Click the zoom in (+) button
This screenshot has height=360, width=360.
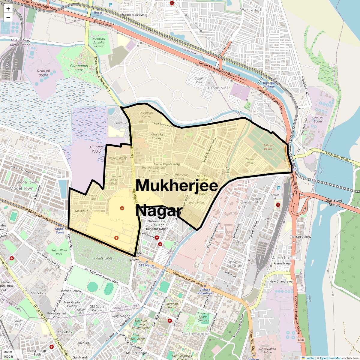[x=8, y=9]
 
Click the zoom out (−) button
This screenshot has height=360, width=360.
[x=8, y=18]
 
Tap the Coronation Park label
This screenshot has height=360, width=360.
[x=79, y=68]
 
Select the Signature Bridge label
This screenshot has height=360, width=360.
[x=334, y=202]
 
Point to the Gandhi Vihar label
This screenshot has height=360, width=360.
[x=219, y=88]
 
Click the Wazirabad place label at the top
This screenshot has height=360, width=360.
[x=250, y=10]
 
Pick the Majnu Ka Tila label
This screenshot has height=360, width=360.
[x=283, y=258]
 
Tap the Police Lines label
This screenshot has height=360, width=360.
[x=103, y=258]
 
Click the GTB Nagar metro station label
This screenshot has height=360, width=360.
[x=146, y=265]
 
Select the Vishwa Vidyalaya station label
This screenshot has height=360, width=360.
[x=205, y=291]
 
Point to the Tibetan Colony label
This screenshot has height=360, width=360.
[x=301, y=237]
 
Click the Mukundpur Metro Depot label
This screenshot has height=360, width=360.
[x=20, y=43]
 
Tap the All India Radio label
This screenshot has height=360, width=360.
[x=96, y=149]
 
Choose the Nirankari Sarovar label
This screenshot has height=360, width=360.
[x=99, y=43]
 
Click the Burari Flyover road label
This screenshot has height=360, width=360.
[x=103, y=24]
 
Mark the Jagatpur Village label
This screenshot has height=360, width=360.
[x=269, y=85]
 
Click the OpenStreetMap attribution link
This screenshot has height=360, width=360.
[x=331, y=358]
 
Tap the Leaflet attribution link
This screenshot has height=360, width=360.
[x=310, y=358]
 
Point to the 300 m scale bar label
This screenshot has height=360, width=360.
[x=8, y=352]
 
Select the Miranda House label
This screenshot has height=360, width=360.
[x=172, y=305]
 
